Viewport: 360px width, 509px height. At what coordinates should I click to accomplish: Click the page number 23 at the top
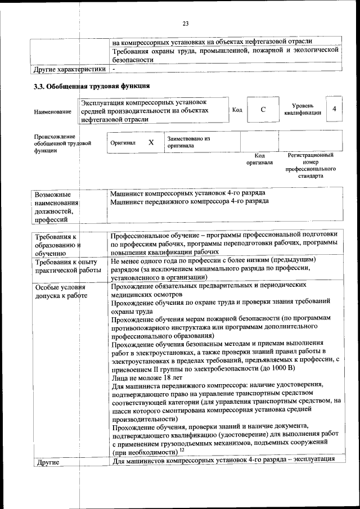[186, 23]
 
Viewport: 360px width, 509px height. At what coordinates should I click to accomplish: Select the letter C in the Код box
[263, 109]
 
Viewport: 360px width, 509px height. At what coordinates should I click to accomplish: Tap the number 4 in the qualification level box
[335, 109]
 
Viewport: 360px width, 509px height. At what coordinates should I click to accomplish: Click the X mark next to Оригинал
[151, 142]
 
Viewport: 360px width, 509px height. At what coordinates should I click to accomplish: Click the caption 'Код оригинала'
[259, 159]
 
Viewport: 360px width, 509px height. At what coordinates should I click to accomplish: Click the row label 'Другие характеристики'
[70, 69]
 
